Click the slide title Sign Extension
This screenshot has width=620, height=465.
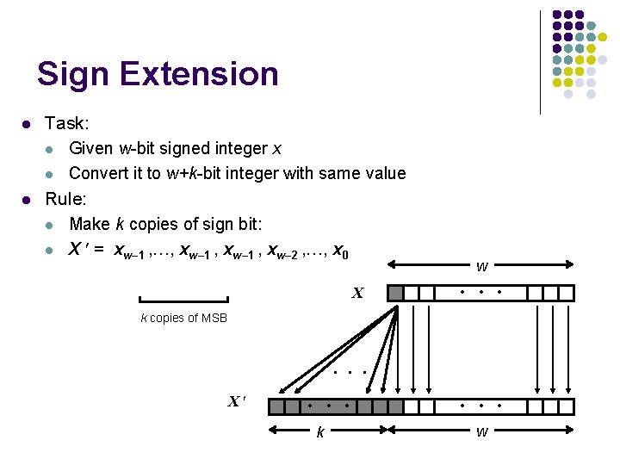pos(158,74)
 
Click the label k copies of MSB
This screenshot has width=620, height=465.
pos(183,318)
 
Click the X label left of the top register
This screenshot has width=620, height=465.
pos(356,294)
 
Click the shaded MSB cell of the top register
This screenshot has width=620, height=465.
pos(396,293)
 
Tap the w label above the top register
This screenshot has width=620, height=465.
pos(481,267)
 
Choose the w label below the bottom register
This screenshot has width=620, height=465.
pos(481,431)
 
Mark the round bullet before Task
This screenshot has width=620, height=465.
pos(27,125)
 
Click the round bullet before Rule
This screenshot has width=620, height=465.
pos(27,200)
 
